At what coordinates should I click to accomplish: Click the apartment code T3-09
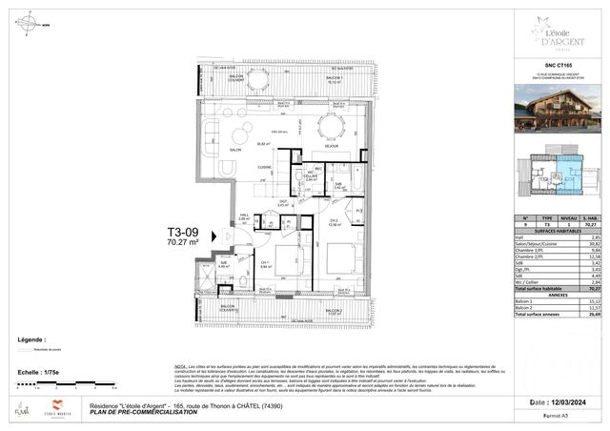[x=182, y=232]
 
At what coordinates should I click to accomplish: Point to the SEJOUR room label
[x=329, y=146]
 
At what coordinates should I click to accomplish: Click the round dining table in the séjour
[x=332, y=125]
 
